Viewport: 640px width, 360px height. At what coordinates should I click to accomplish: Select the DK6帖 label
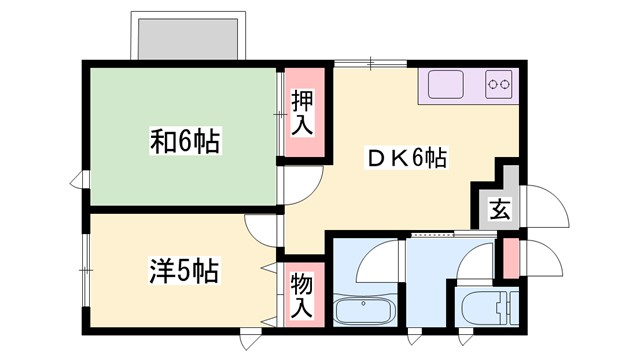tap(406, 158)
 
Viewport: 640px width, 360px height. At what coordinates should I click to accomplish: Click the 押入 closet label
tap(302, 112)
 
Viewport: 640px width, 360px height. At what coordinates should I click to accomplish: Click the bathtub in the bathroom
tap(365, 309)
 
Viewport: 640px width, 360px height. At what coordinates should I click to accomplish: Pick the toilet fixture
tap(485, 306)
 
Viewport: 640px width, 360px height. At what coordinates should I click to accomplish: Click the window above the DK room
tap(372, 64)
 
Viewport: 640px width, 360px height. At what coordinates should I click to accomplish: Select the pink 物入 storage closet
tap(302, 293)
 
